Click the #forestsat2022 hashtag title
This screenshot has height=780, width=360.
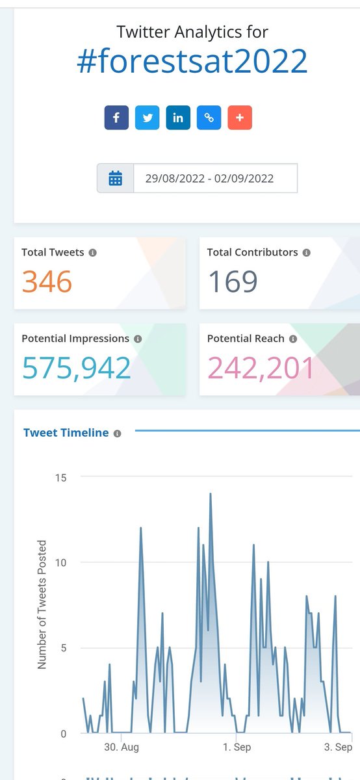[x=192, y=62]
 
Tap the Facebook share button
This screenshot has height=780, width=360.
[x=116, y=118]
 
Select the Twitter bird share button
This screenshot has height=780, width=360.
[x=148, y=118]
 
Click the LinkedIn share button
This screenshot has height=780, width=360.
[x=178, y=118]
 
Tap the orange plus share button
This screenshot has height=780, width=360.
[x=240, y=118]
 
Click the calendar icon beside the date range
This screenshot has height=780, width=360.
[x=116, y=178]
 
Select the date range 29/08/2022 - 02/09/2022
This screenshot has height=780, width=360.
[x=209, y=178]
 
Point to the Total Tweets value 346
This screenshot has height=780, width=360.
[x=47, y=281]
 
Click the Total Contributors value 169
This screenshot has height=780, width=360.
[x=233, y=281]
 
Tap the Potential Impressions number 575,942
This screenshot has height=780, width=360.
[x=77, y=368]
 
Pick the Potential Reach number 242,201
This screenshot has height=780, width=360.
[x=261, y=368]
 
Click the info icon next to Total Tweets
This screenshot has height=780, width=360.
[x=93, y=252]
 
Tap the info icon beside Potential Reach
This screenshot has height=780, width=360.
[x=293, y=339]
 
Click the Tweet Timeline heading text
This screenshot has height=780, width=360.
[x=66, y=433]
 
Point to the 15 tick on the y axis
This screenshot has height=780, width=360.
[x=61, y=477]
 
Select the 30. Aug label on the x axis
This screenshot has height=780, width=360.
[x=122, y=747]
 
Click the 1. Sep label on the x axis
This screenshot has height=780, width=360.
[x=237, y=747]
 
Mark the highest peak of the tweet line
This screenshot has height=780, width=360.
[x=211, y=494]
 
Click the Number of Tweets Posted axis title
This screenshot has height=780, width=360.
[x=42, y=604]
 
